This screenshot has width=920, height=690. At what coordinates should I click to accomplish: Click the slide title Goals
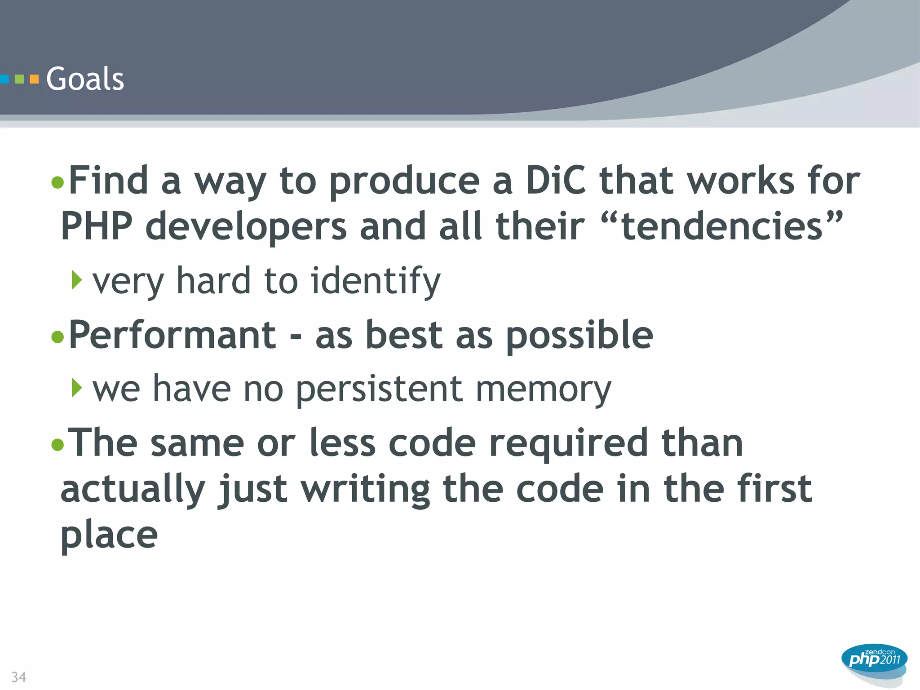pos(85,79)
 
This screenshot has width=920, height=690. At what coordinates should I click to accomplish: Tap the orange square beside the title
pos(34,80)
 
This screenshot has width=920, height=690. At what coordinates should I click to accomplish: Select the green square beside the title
pos(19,80)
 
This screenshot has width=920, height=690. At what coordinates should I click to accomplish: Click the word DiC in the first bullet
pos(556,181)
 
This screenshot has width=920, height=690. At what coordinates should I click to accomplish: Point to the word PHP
pos(97,226)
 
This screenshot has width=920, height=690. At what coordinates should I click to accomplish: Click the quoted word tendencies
pos(723,226)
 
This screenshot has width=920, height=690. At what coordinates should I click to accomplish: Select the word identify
pos(376,281)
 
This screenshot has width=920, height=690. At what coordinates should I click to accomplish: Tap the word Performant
pos(172,335)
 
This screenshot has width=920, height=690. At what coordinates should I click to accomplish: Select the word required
pos(568,444)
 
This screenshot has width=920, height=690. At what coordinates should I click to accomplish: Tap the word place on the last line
pos(109,535)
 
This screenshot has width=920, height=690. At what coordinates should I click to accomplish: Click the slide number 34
pos(18,677)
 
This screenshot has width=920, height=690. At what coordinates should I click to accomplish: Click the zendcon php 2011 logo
pos(874,659)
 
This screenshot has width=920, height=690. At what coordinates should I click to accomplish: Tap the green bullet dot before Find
pos(57,182)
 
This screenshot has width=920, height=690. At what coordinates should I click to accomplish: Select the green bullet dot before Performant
pos(57,336)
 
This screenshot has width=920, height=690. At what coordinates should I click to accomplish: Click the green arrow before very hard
pos(77,280)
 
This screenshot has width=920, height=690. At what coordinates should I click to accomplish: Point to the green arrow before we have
pos(77,388)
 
